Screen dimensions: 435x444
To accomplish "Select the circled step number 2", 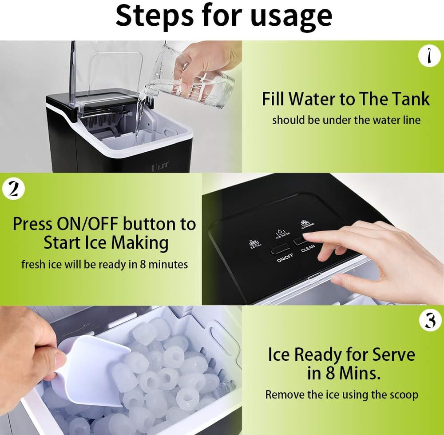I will point(13,189).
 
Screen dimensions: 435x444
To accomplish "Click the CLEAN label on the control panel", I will point(308,248).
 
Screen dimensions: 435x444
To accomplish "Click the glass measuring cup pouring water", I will point(200,85).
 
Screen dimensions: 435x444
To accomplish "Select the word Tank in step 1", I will point(409,99).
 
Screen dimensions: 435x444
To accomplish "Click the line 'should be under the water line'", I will point(346,120).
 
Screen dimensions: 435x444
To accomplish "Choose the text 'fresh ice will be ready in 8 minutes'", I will point(105,264).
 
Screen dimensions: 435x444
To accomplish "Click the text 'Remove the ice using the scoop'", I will point(341,395).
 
